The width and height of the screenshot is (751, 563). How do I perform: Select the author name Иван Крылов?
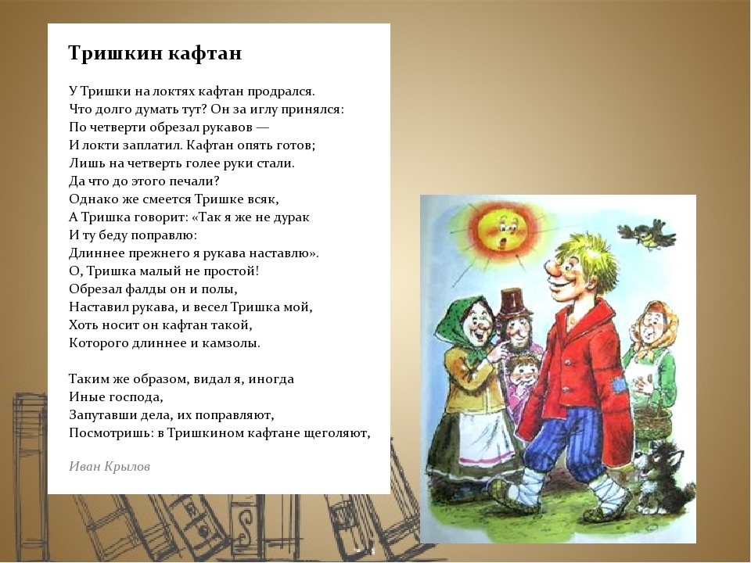coord(110,466)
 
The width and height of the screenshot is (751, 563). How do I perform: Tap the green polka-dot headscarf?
coord(469,325)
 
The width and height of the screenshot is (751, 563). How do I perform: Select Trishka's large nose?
coord(554,271)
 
